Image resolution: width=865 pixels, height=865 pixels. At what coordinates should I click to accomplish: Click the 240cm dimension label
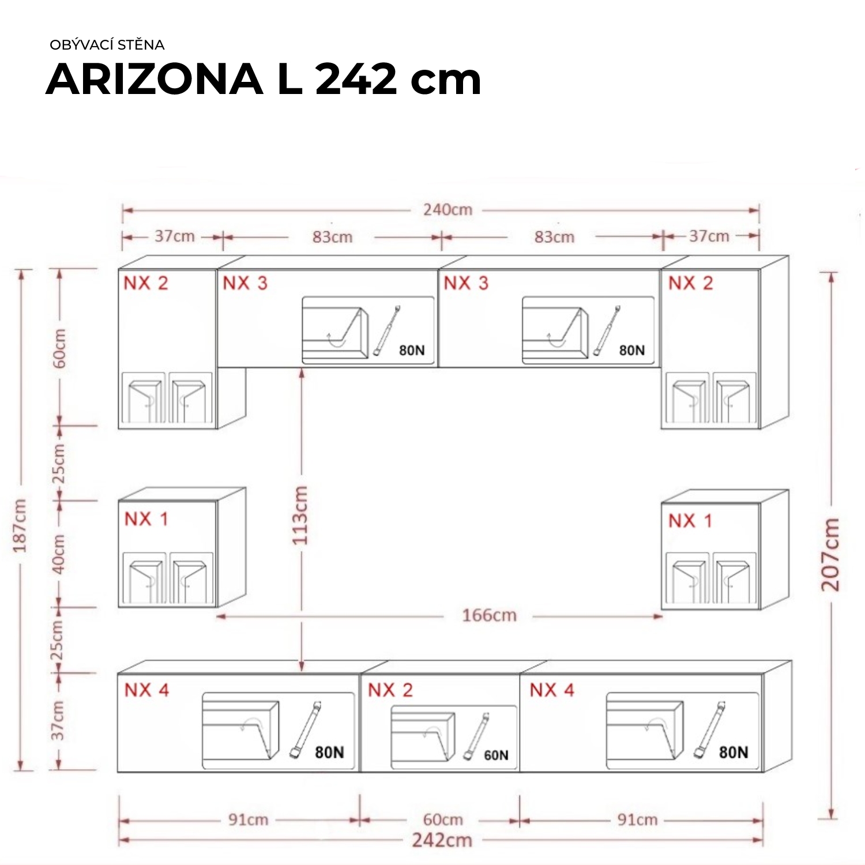[447, 210]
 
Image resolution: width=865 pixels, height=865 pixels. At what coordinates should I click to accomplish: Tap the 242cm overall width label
[442, 840]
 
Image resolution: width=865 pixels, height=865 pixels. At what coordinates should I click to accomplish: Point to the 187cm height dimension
[20, 526]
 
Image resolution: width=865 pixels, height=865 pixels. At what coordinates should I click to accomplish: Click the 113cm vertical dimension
[300, 516]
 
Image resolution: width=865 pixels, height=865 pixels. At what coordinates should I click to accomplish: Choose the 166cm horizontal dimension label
[489, 615]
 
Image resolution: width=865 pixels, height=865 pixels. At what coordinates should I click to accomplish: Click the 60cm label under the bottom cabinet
[443, 819]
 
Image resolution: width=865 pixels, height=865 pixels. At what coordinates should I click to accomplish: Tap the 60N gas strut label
[496, 755]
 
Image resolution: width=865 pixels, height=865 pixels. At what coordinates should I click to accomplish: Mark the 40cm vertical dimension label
[59, 554]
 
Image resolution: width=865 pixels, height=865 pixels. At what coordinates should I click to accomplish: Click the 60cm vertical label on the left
[59, 348]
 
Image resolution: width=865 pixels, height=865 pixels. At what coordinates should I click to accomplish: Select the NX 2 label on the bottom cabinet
[390, 690]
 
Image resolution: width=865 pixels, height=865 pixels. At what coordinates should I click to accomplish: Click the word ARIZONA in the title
[155, 79]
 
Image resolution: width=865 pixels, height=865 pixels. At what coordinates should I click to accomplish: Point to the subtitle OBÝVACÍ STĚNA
[107, 44]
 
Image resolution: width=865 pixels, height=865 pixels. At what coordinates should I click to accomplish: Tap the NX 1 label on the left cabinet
[146, 519]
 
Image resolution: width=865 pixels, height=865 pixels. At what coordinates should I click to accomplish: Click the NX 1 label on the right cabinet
[690, 521]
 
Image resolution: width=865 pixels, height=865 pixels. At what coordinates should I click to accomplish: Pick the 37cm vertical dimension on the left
[58, 721]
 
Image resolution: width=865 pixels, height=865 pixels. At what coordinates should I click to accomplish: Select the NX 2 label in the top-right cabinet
[691, 283]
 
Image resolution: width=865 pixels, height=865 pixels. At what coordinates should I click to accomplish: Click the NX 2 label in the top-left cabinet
[146, 283]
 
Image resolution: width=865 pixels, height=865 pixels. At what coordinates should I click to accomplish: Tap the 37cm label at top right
[709, 236]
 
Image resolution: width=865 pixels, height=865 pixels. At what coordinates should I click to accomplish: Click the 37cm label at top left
[175, 236]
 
